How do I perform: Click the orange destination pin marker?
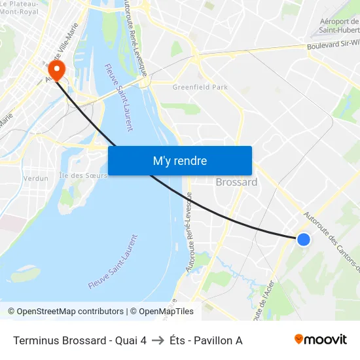pos(56,70)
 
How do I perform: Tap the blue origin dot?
pos(304,240)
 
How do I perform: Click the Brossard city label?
pos(236,182)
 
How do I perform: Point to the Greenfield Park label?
pos(200,87)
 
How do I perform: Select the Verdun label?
pos(35,178)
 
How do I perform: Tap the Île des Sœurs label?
pos(82,175)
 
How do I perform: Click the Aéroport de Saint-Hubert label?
pos(339,26)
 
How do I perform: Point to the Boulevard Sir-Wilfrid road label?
pos(333,46)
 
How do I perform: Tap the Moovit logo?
pos(320,339)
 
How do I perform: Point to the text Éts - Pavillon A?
pos(206,340)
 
